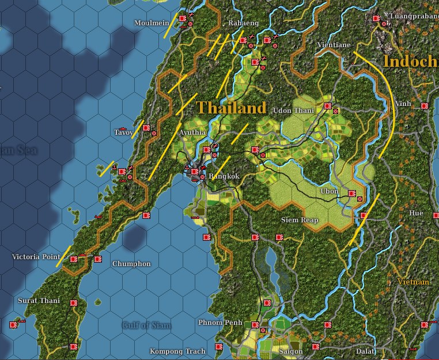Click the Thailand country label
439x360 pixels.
point(232,108)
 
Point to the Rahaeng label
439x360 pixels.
point(243,23)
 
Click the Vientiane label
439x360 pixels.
point(334,44)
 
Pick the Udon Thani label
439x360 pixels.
point(293,111)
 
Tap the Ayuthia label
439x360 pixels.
point(192,132)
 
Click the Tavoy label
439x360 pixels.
point(123,132)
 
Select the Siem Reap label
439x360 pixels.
point(300,221)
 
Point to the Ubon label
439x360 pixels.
point(330,192)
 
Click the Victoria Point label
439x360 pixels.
point(36,257)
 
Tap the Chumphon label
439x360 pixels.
point(131,264)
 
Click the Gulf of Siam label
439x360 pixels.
point(146,325)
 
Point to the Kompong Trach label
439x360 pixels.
point(177,351)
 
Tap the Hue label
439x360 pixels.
point(416,213)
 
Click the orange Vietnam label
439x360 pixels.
point(413,282)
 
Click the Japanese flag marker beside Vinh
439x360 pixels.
point(424,106)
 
